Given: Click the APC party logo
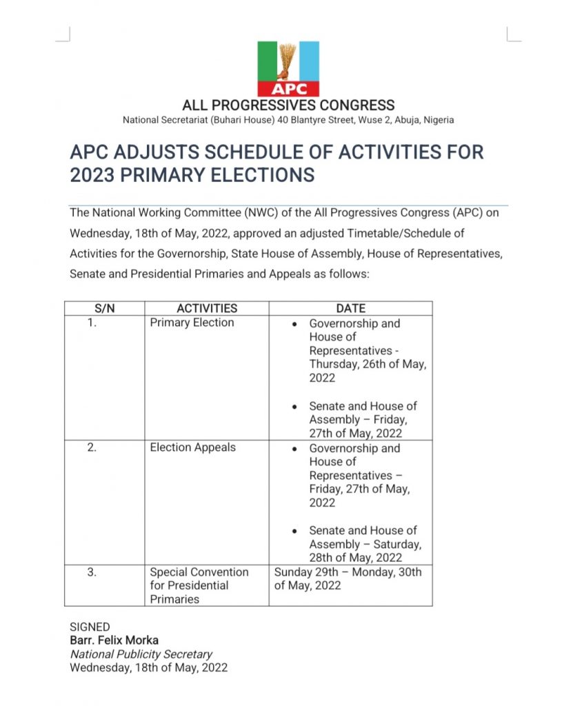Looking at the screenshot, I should click(x=288, y=68).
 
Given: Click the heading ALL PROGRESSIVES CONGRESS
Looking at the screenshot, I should click(x=288, y=105).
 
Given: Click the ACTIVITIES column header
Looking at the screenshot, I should click(x=207, y=308).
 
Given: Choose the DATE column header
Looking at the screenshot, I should click(x=350, y=308).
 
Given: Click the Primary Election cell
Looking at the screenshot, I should click(x=192, y=323).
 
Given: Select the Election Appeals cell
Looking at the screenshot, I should click(x=192, y=447).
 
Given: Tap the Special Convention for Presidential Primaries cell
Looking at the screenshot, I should click(x=199, y=585).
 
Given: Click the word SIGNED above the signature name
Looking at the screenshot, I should click(x=90, y=627).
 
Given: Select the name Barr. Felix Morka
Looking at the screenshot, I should click(x=114, y=641).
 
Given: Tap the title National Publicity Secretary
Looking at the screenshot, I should click(x=141, y=654).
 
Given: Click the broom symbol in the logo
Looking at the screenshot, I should click(x=289, y=59).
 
